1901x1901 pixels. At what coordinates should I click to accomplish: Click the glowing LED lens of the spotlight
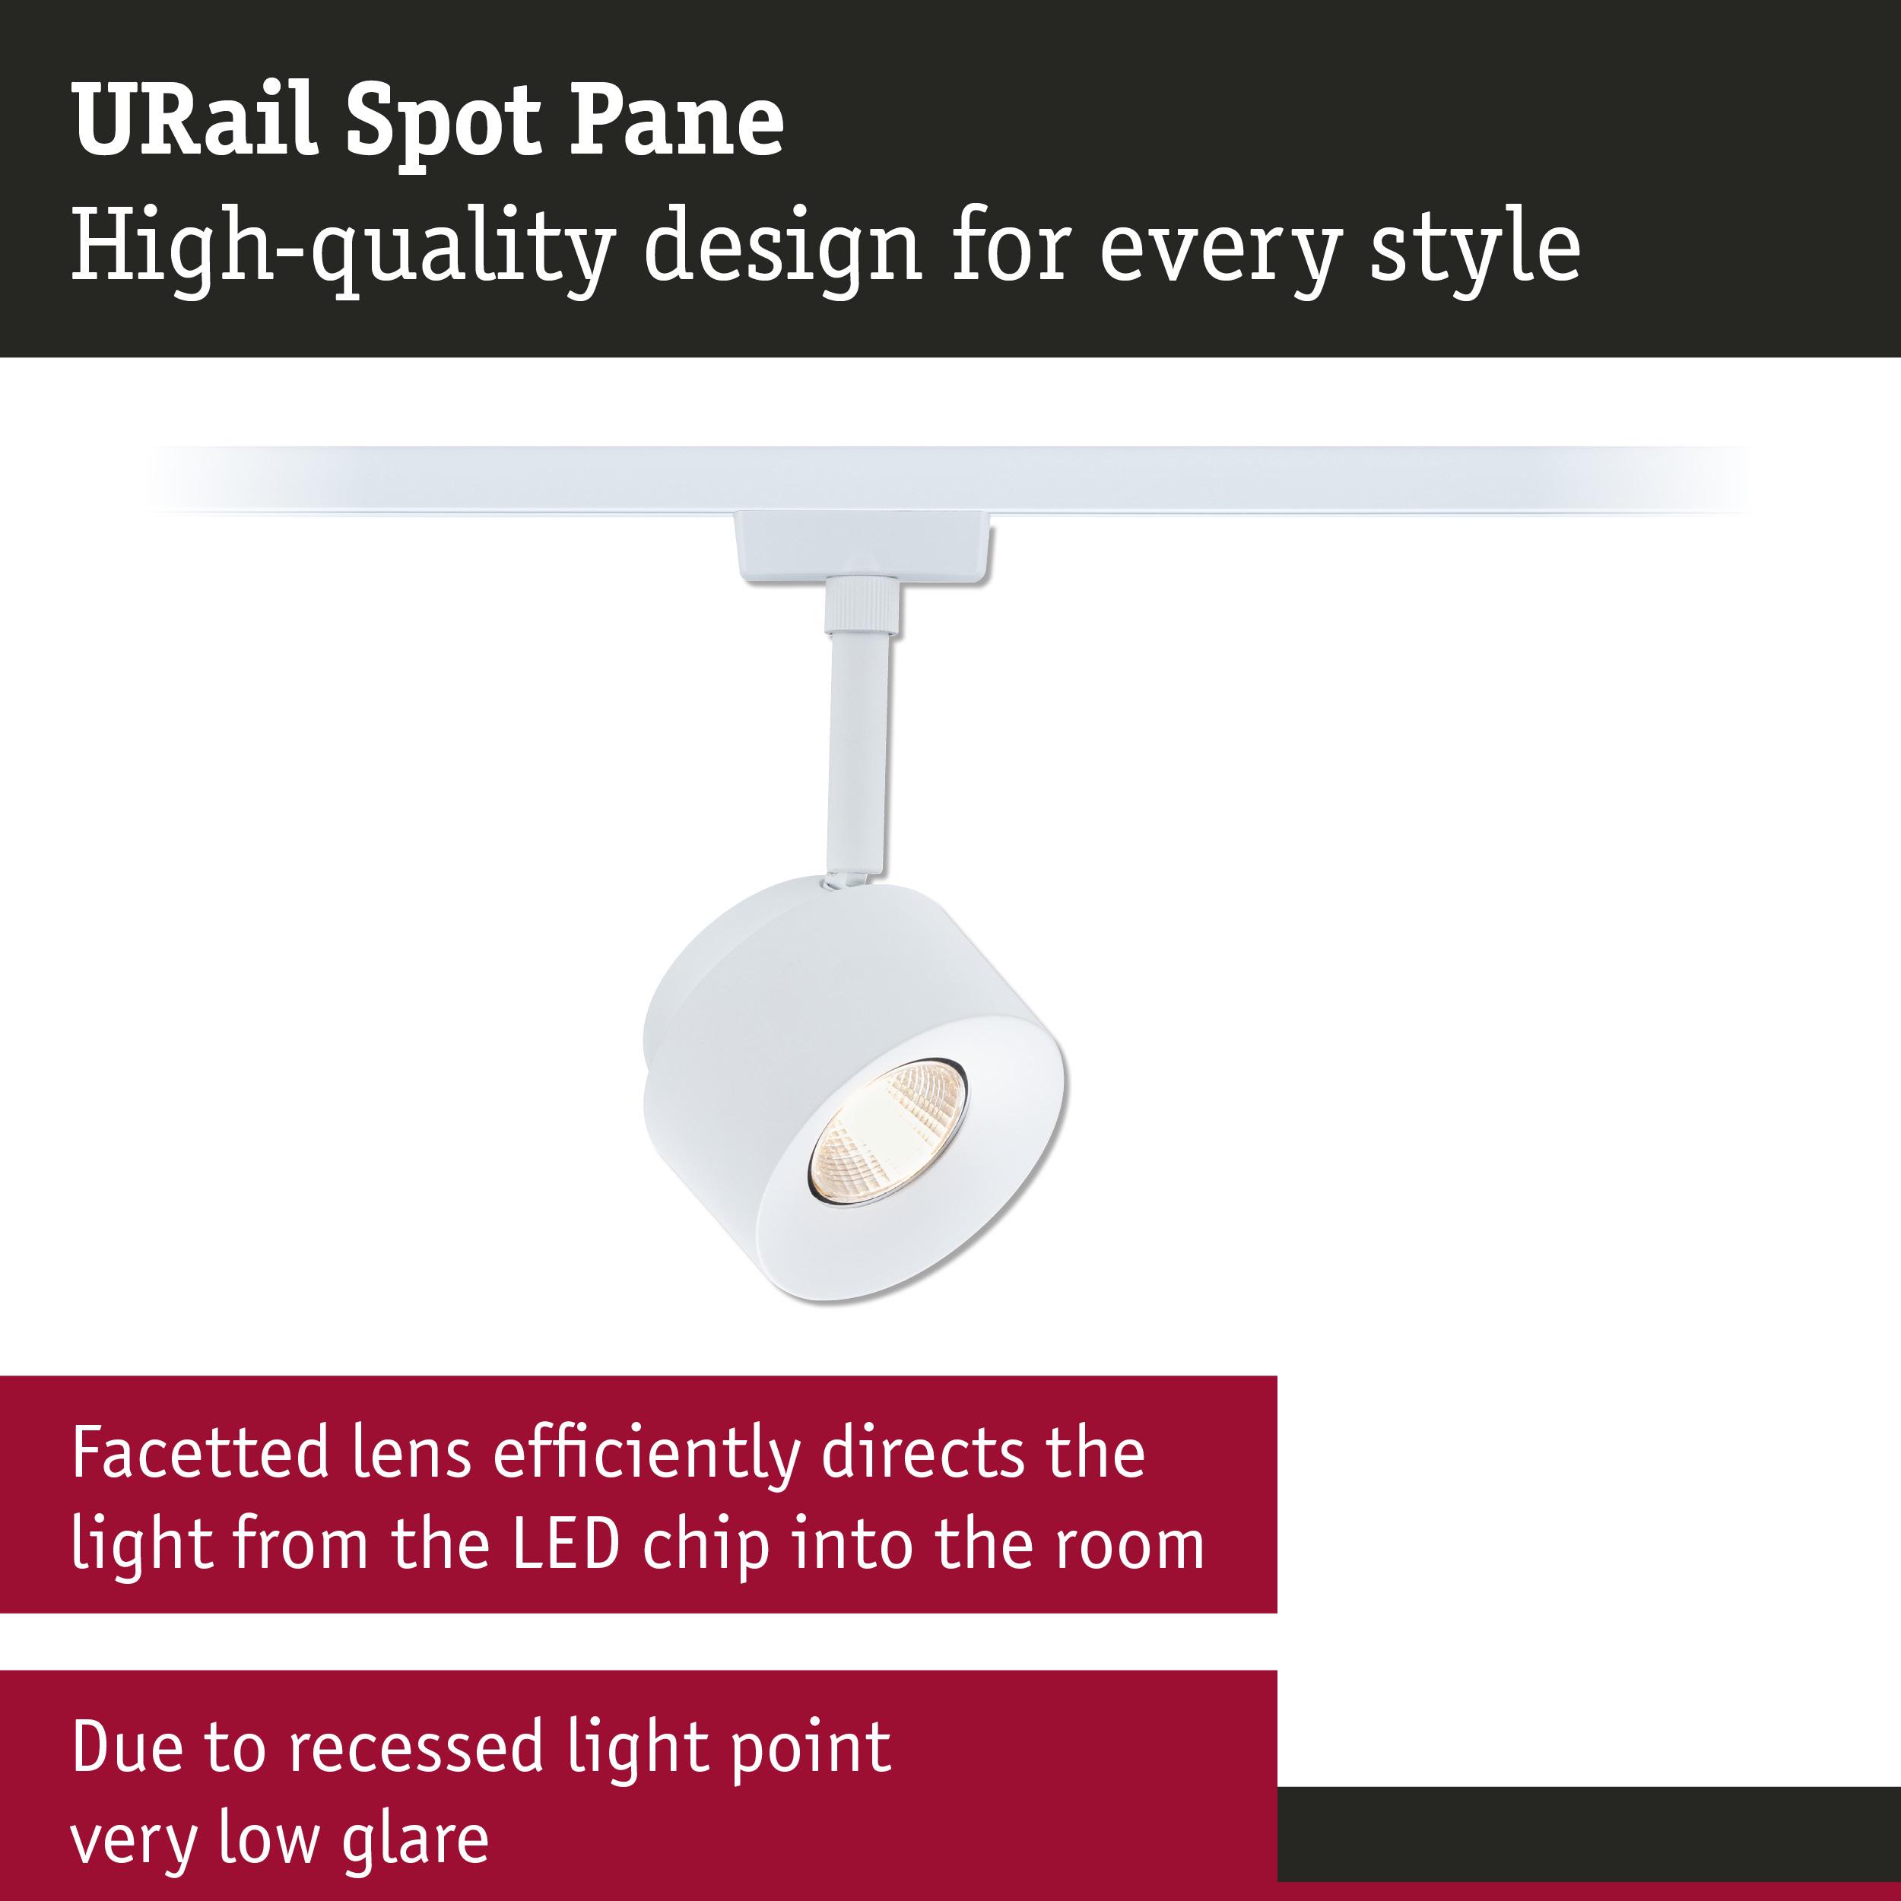click(887, 1131)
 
